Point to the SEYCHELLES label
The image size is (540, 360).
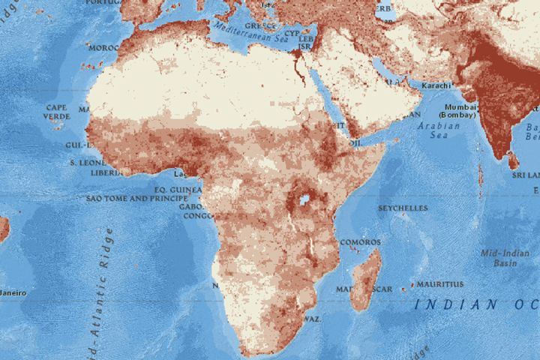pos(403,208)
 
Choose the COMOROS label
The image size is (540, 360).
pos(360,242)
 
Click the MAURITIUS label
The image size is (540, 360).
pos(439,284)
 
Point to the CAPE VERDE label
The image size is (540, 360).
pos(57,112)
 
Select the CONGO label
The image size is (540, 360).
pos(197,215)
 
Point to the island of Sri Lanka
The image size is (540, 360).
pos(512,160)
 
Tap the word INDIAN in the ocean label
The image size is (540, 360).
pos(448,304)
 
